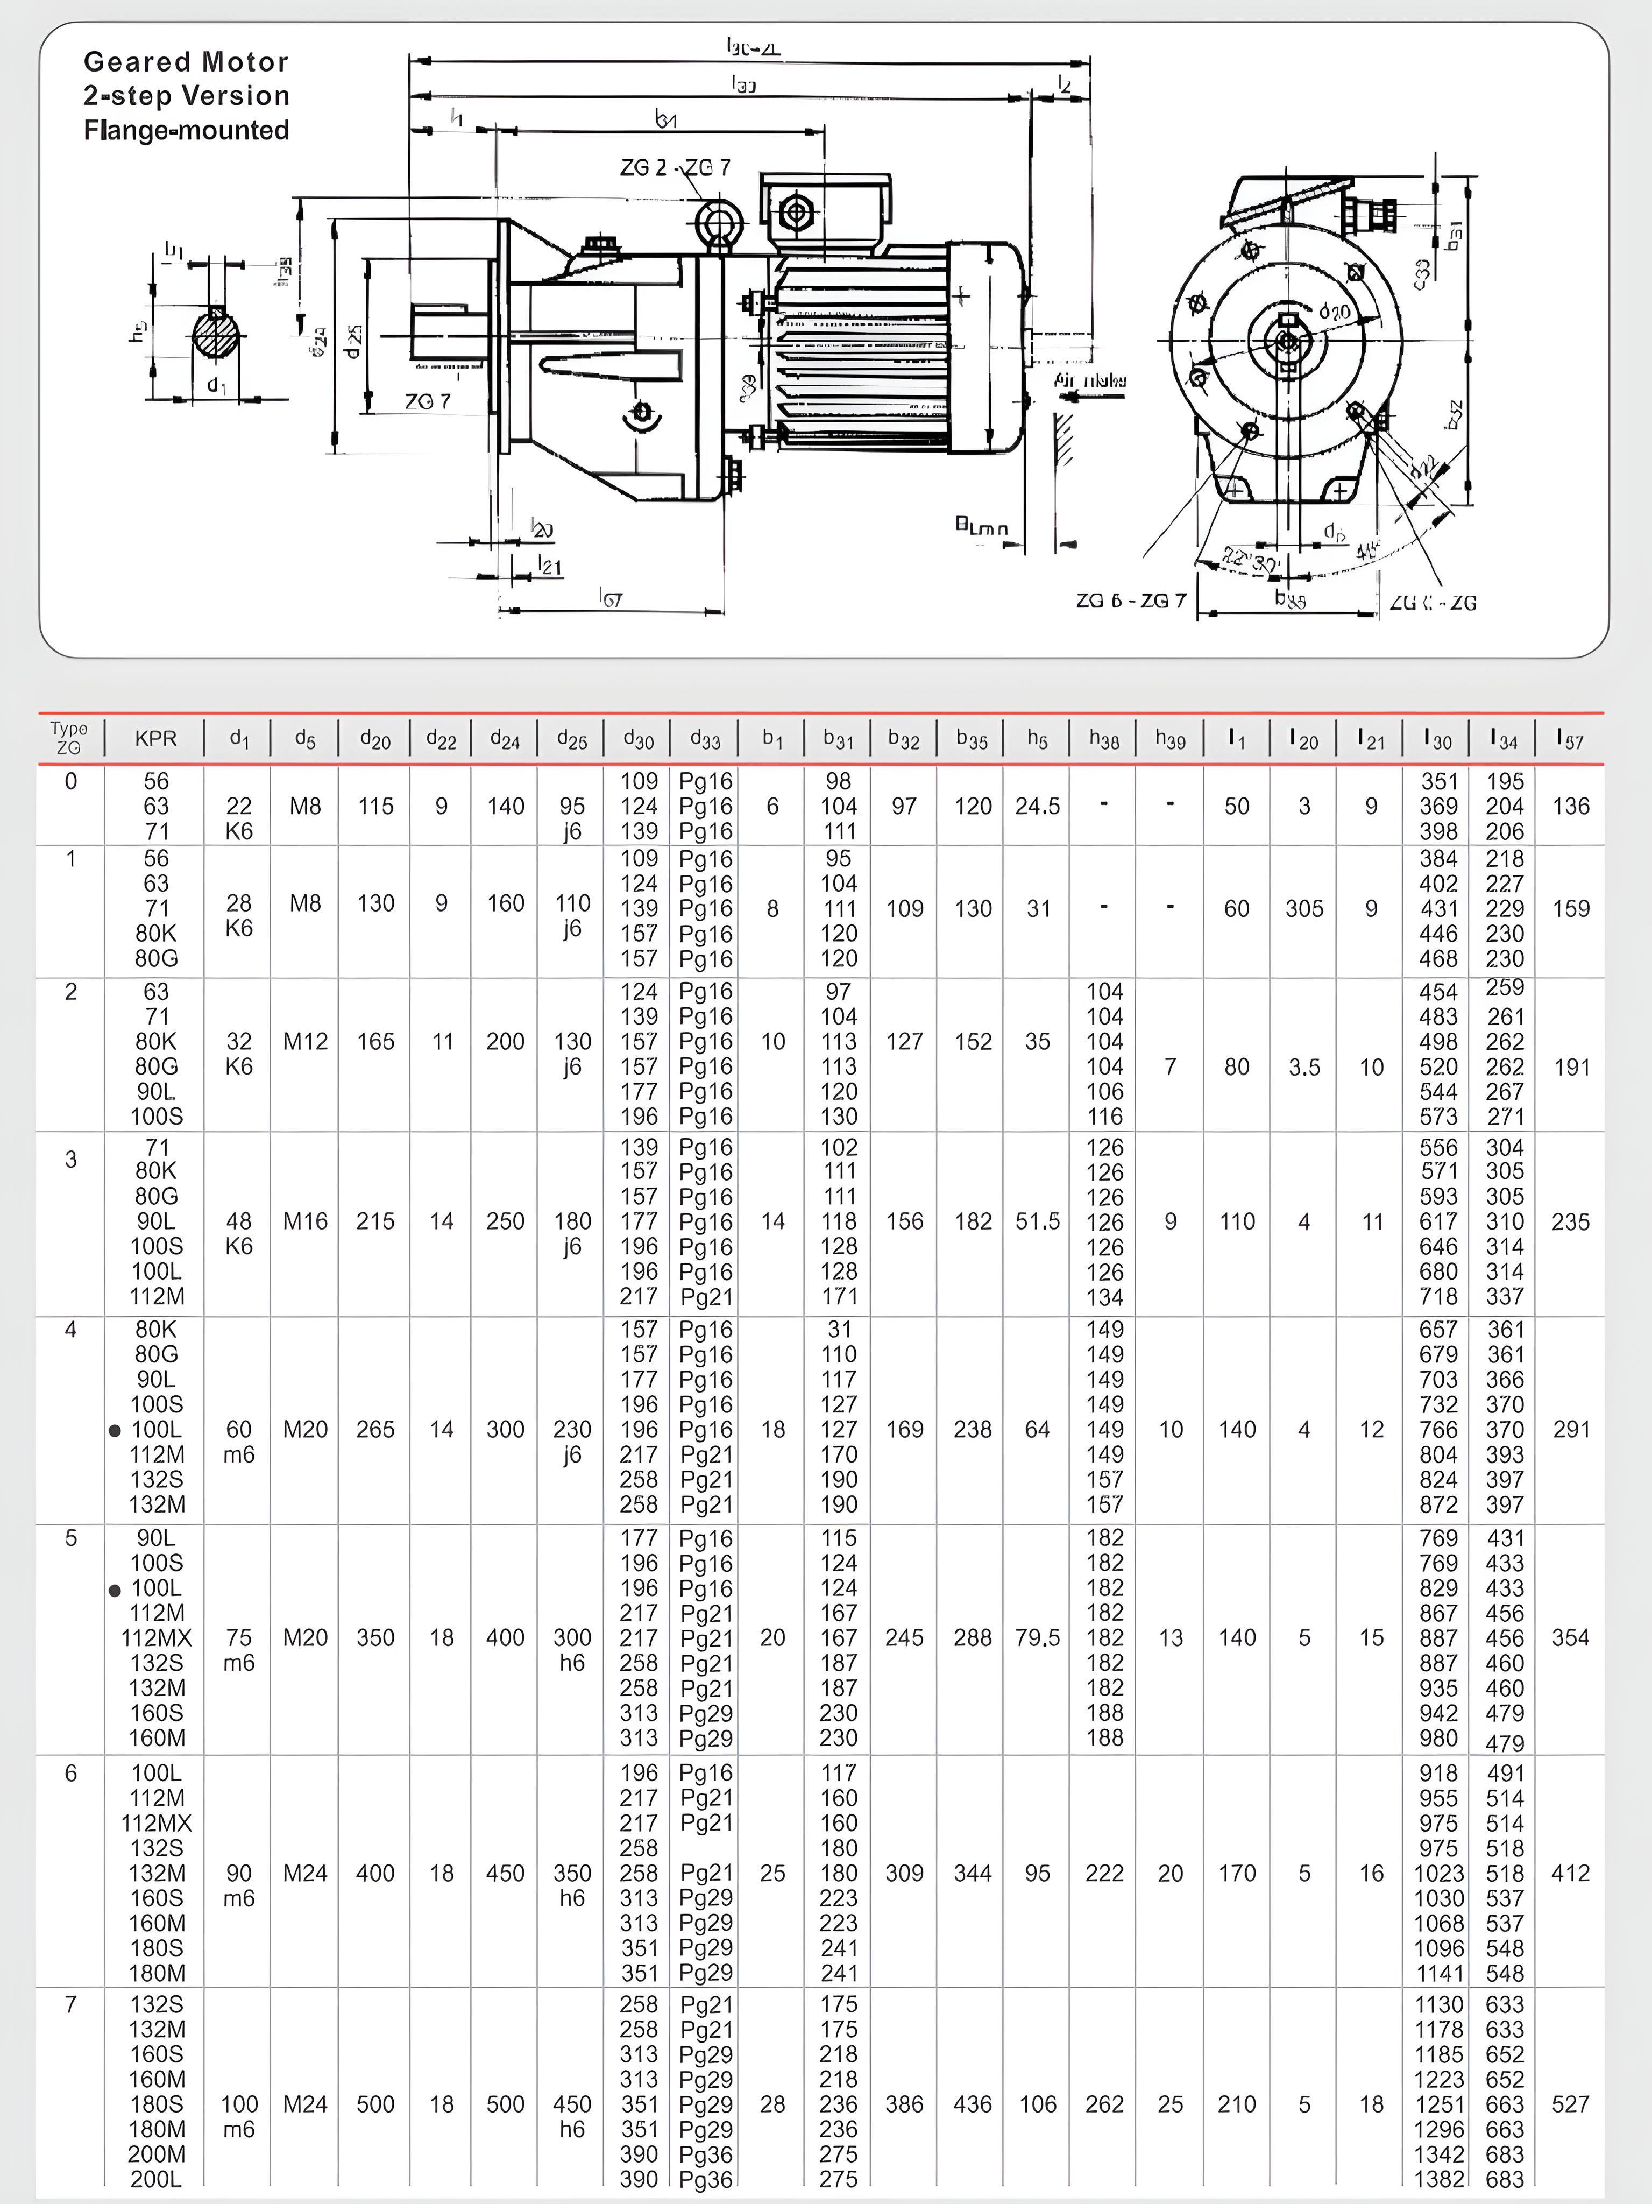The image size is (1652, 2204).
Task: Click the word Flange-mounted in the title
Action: [x=186, y=131]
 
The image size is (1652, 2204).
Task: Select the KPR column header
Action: [x=155, y=738]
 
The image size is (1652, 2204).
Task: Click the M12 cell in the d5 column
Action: [x=305, y=1041]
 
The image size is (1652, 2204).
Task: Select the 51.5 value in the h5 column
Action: [x=1037, y=1221]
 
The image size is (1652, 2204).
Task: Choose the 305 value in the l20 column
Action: [x=1303, y=909]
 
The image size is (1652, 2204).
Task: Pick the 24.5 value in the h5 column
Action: [x=1037, y=806]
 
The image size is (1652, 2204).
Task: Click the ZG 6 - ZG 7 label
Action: [x=1131, y=601]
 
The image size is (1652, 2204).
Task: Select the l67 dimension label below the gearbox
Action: [x=611, y=598]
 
